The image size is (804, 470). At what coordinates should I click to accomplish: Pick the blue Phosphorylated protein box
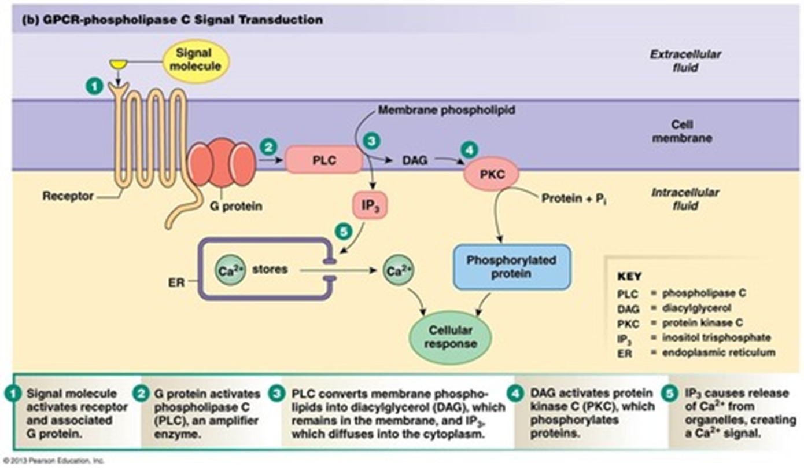(512, 266)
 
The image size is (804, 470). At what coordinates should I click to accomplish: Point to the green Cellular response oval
(450, 337)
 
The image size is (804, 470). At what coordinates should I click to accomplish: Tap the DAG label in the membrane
(415, 161)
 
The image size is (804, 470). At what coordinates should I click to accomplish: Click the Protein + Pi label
(574, 198)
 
